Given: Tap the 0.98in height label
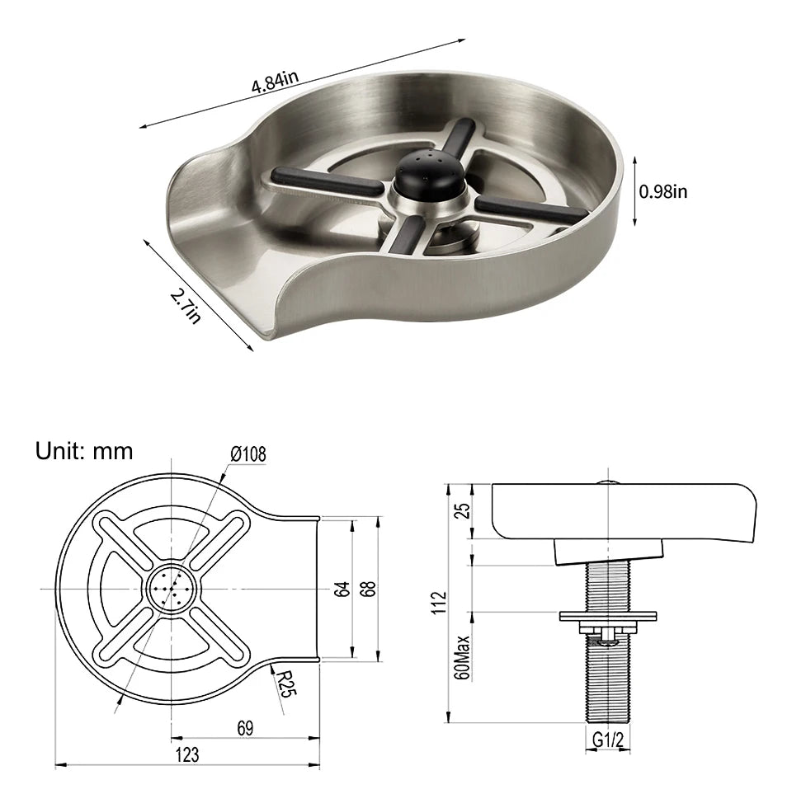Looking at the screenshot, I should click(663, 191).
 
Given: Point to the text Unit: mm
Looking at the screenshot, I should click(83, 451).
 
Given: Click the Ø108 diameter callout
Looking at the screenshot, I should click(248, 454).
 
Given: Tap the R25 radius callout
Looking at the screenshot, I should click(285, 684).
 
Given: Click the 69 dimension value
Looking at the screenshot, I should click(244, 727).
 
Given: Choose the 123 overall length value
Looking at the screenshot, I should click(186, 754).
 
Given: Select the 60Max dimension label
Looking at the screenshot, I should click(464, 657).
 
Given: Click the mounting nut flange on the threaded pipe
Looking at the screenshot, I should click(607, 616).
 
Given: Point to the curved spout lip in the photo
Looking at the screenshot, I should click(216, 247).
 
